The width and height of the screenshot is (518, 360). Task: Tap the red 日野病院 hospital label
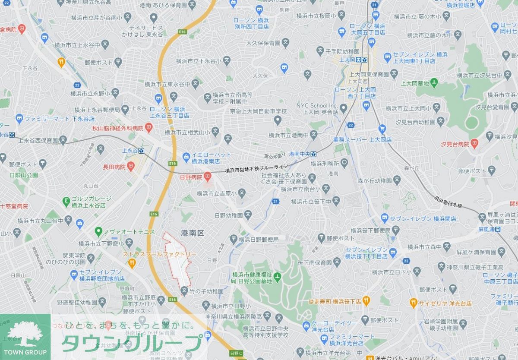191,177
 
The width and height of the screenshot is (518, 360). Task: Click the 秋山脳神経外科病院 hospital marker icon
148,127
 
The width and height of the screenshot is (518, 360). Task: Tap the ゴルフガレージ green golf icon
66,201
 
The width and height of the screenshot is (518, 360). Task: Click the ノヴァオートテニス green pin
98,232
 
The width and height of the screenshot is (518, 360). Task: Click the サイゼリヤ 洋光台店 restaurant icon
413,303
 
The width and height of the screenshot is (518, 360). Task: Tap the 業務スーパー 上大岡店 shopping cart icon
382,129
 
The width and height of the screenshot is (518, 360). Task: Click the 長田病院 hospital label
114,167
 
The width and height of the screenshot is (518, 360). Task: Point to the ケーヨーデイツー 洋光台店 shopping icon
306,325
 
